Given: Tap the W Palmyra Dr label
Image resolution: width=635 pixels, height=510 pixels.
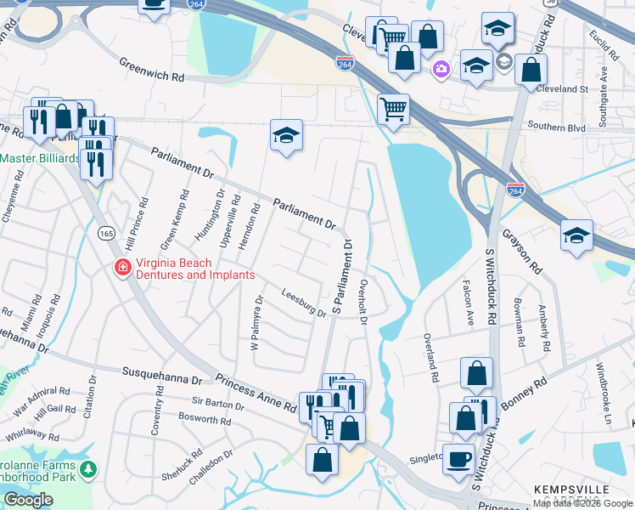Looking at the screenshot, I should coord(257,320).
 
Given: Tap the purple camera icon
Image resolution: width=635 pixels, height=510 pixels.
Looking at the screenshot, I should coord(440,69).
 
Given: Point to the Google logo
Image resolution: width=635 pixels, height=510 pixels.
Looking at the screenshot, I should coord(28,500).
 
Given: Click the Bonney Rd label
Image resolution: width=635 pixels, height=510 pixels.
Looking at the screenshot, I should coord(526,389).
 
